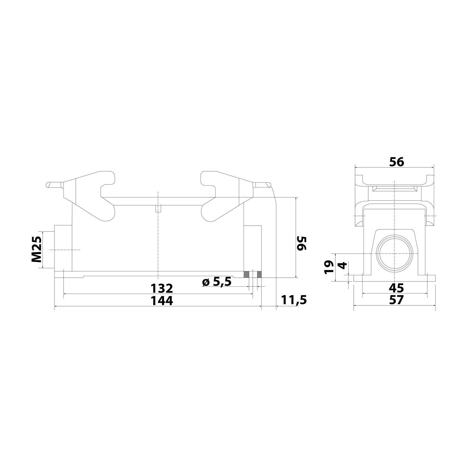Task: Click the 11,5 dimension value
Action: tap(294, 300)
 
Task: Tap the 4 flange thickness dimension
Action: tap(342, 266)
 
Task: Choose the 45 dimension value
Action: tap(396, 287)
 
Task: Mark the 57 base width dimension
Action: tap(396, 300)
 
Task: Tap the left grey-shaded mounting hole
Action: tap(246, 275)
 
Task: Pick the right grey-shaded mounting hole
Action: tap(259, 275)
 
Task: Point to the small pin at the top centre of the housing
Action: tap(158, 209)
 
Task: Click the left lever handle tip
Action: tap(50, 185)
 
